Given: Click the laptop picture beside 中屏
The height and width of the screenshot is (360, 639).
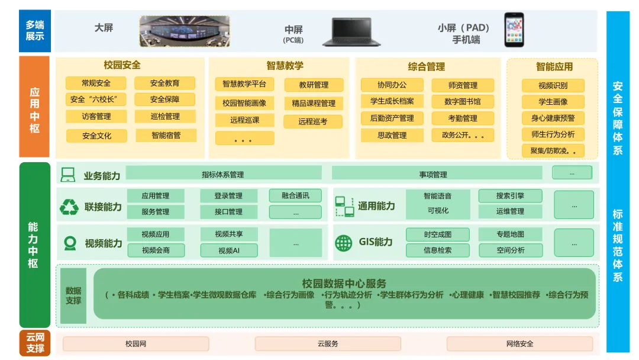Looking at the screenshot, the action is (x=347, y=32).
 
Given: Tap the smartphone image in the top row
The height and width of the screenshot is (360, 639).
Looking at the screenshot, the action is (x=514, y=30).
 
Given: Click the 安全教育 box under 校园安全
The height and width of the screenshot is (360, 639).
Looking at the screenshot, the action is (x=164, y=83).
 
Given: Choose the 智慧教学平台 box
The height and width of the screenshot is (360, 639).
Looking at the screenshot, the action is (x=244, y=84).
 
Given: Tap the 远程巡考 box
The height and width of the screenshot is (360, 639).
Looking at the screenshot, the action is (x=312, y=121).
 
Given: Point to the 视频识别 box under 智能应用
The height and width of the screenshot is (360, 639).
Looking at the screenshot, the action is (x=553, y=86).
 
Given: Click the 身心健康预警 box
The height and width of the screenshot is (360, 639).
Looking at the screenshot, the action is (x=553, y=118).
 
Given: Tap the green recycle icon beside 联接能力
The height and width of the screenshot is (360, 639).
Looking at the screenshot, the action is (x=69, y=207).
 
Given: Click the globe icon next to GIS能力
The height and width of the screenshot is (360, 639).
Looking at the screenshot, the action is (x=343, y=242).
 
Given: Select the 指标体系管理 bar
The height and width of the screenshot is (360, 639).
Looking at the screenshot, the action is (x=223, y=173).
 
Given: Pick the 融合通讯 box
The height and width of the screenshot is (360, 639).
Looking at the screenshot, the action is (x=295, y=195).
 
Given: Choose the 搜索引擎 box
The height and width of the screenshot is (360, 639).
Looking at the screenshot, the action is (x=510, y=195).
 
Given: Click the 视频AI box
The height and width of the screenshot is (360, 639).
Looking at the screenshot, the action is (x=229, y=250).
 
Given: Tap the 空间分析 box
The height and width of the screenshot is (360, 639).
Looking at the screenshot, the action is (x=510, y=250).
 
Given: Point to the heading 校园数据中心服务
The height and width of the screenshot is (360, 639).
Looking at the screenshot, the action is (x=344, y=284).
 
